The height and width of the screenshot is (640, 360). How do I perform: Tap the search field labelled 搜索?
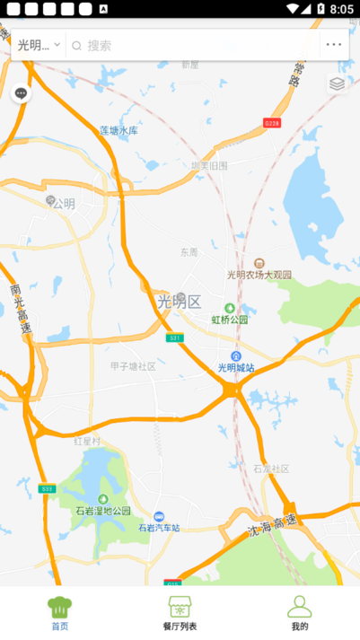(x=180, y=45)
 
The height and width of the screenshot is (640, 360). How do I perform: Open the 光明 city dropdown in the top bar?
(x=39, y=45)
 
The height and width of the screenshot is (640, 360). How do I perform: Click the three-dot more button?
(x=334, y=45)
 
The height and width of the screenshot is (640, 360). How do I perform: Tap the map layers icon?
(x=337, y=83)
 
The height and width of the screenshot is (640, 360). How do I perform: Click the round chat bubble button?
(x=21, y=93)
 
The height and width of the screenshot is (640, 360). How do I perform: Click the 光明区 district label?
(x=179, y=302)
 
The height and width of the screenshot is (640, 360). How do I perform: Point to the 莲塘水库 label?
(x=119, y=131)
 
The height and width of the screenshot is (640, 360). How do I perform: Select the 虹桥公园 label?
(x=229, y=320)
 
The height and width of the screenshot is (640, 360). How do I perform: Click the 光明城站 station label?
(x=236, y=367)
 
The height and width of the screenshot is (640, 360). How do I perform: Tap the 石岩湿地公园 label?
(x=103, y=510)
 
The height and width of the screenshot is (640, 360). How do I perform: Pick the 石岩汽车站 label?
(x=159, y=527)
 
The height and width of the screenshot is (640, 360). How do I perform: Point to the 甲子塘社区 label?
(x=133, y=366)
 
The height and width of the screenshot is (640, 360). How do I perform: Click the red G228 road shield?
(x=271, y=122)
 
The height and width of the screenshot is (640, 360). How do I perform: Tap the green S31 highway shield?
(x=174, y=338)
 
